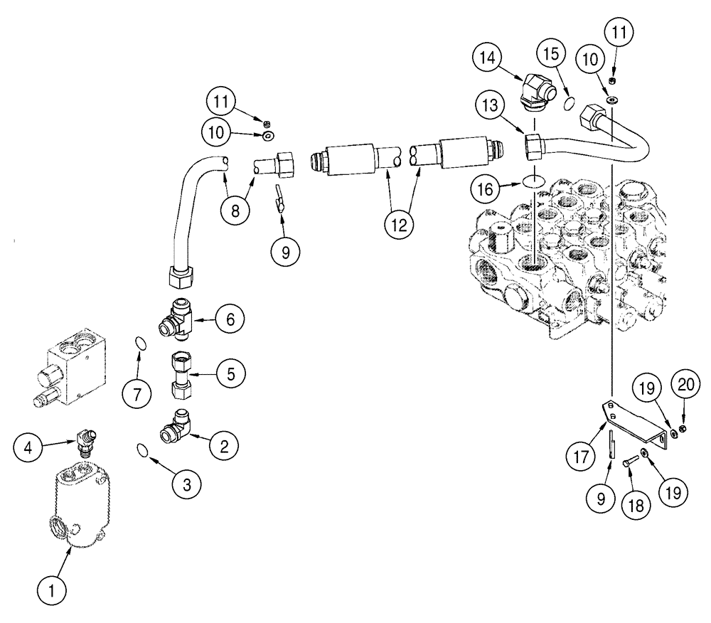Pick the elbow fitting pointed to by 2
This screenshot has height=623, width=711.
tap(176, 432)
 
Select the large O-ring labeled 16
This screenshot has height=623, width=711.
tap(533, 182)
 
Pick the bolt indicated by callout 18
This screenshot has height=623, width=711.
tap(627, 462)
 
